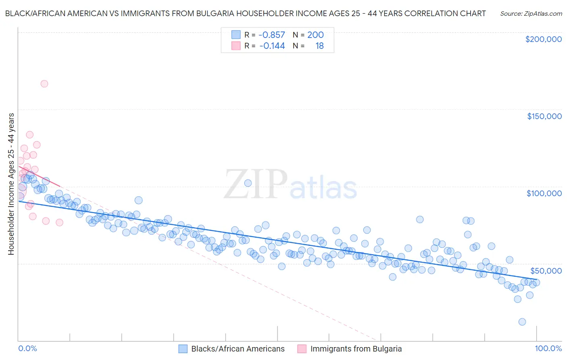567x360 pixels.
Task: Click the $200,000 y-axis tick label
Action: tap(543, 39)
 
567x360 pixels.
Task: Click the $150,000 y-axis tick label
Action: tap(544, 116)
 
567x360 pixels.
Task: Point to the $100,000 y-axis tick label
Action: tap(544, 193)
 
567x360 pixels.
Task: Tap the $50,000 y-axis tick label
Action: tap(546, 270)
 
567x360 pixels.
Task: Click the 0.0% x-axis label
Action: tap(27, 349)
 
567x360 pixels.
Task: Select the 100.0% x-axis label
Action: tap(548, 349)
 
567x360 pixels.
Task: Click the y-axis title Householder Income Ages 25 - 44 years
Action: tap(11, 184)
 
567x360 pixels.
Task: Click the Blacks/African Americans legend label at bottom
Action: tap(238, 349)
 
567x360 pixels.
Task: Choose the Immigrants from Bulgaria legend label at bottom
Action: tap(356, 349)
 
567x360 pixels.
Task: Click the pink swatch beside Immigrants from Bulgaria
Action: tap(302, 349)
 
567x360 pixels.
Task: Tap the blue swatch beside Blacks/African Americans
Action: tap(183, 349)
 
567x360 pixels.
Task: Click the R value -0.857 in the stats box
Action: tap(271, 35)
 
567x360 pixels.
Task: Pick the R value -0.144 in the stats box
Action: tap(272, 46)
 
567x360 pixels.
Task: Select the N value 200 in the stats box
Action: tap(315, 35)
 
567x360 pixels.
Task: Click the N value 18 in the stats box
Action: tap(319, 46)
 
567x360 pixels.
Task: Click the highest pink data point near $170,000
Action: tap(44, 84)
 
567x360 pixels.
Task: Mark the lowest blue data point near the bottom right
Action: tap(522, 322)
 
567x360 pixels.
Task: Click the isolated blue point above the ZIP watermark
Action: tap(248, 183)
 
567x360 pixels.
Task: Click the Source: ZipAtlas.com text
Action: tap(531, 14)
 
